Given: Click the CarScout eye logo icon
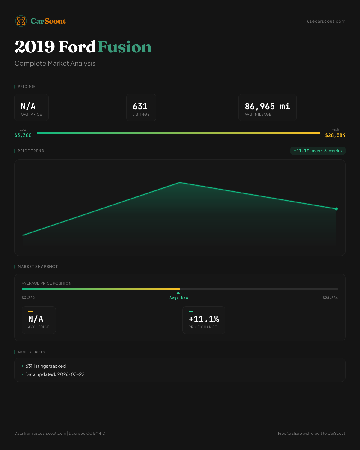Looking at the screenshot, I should (21, 21).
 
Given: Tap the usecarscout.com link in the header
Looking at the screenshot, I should (326, 21).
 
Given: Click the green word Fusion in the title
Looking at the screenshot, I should (124, 47).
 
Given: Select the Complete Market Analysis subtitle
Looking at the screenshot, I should (55, 63).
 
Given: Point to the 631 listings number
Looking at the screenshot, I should (140, 106).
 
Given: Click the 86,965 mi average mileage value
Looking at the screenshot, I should (267, 106).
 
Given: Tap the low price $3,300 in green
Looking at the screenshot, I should (23, 135).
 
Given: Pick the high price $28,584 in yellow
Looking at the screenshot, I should (335, 135).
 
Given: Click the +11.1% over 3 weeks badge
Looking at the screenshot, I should (318, 151).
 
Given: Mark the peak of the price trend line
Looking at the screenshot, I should (180, 182).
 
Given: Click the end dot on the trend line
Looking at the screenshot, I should (336, 209).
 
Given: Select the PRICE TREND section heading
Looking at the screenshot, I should (31, 151).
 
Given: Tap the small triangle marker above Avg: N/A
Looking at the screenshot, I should (178, 293).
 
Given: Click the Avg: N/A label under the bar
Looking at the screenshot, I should (179, 298).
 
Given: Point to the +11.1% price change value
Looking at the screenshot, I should (204, 319).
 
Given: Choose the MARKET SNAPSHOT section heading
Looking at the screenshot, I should (37, 267).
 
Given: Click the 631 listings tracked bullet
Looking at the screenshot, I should (46, 366).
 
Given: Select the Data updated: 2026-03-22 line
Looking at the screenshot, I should (55, 374).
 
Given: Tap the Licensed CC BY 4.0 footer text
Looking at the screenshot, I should (87, 433).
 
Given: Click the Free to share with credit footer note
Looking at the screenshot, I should (311, 433).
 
